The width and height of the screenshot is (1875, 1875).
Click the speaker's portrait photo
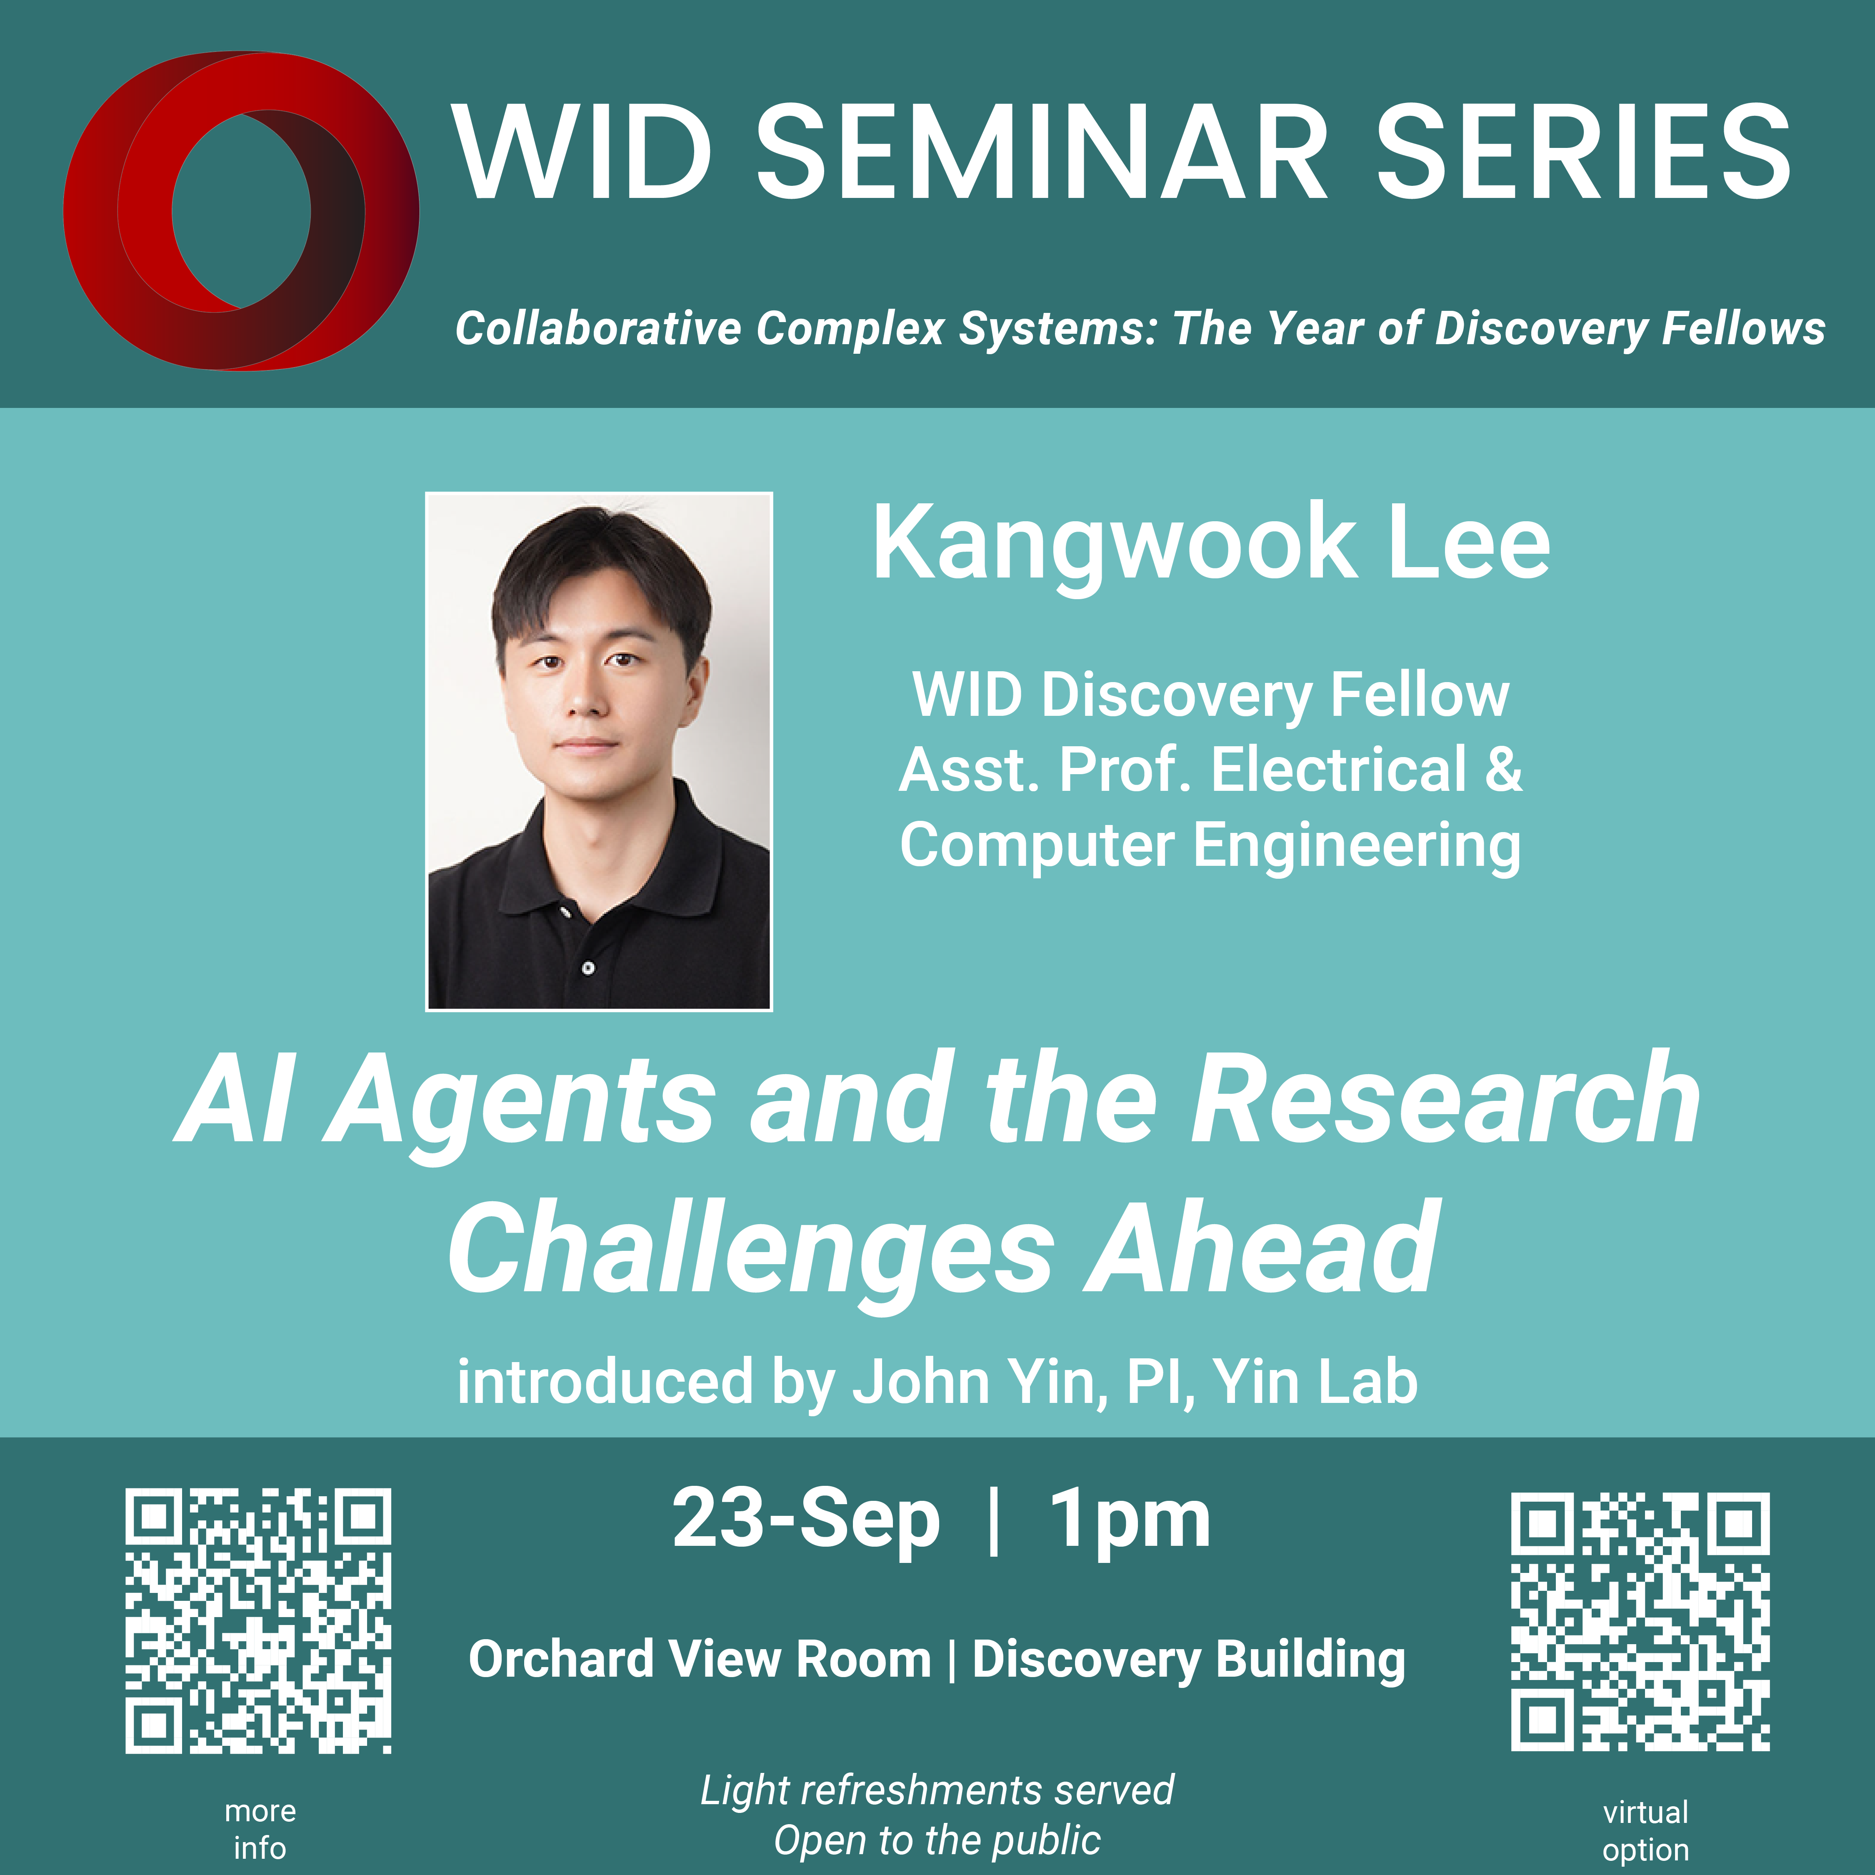599,751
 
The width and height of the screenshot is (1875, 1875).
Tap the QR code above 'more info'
258,1621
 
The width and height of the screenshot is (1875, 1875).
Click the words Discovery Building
1189,1660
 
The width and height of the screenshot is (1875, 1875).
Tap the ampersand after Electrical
1503,770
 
